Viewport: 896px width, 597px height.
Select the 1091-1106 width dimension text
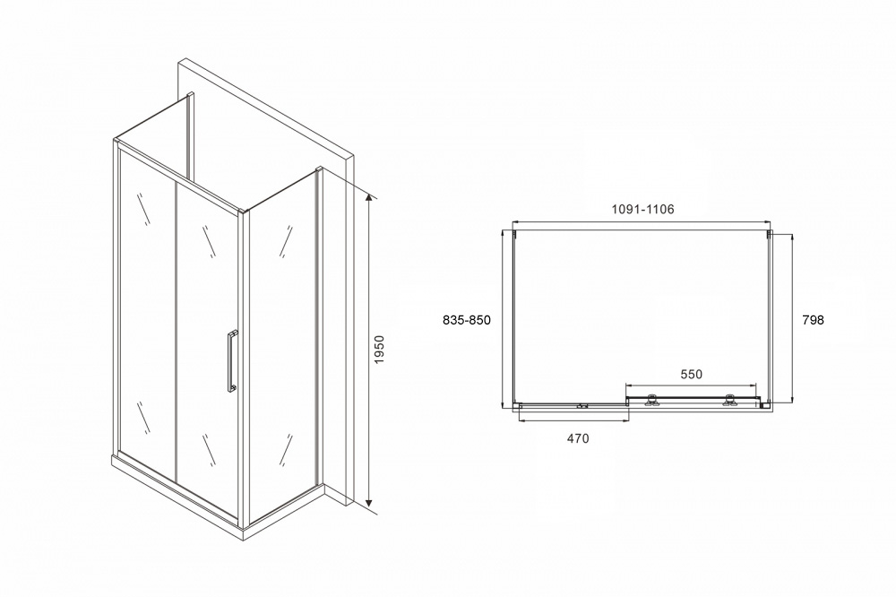click(642, 209)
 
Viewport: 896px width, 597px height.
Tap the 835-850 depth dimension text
click(467, 320)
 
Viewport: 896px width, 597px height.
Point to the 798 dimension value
click(814, 320)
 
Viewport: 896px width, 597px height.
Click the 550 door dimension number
click(691, 375)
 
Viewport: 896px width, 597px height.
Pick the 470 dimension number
click(578, 438)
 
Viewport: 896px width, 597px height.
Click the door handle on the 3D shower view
click(231, 361)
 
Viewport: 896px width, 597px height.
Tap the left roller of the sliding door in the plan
click(650, 401)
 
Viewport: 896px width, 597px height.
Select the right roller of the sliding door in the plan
click(729, 401)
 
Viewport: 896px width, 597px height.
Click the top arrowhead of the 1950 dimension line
click(370, 200)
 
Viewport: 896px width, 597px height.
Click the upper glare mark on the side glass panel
click(286, 241)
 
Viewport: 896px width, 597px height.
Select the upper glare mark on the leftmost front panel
click(143, 209)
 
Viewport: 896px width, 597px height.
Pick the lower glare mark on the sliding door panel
click(209, 450)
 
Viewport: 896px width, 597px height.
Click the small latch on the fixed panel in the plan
click(582, 407)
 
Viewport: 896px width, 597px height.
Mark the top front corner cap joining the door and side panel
click(245, 212)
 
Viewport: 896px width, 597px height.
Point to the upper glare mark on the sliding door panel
click(209, 241)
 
